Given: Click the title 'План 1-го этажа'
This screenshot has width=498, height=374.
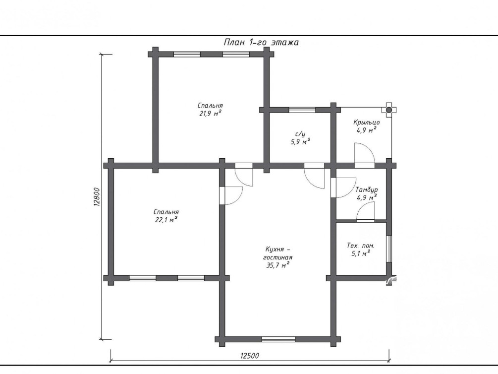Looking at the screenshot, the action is (x=261, y=42).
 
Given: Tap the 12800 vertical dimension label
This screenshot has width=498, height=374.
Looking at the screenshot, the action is (x=97, y=197).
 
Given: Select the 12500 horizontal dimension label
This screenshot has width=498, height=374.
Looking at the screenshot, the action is (x=250, y=356).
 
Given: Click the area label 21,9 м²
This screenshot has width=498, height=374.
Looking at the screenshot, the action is (x=210, y=113).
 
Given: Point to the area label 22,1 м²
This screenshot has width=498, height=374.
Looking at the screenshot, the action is (x=166, y=220).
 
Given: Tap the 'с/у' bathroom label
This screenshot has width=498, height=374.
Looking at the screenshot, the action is (x=300, y=134).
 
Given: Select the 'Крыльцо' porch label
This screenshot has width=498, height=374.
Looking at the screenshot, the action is (x=367, y=122).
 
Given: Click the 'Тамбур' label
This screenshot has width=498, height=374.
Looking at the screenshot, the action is (x=367, y=189).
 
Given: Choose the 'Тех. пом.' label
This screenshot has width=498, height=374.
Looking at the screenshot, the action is (x=360, y=246).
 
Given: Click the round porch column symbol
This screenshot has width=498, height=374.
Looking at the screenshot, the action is (x=389, y=110).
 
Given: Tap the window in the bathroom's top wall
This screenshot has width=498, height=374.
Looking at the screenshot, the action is (x=302, y=110).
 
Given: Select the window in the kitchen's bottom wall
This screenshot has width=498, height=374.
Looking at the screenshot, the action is (x=278, y=339).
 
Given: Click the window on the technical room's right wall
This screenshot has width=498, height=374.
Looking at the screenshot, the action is (x=389, y=249).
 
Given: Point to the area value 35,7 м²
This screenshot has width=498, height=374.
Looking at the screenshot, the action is (x=277, y=265).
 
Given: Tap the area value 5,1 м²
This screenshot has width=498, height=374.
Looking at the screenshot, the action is (x=360, y=253).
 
